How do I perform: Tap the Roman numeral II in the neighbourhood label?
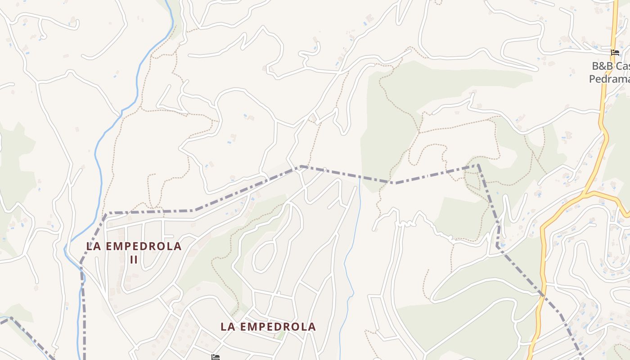tap(134, 260)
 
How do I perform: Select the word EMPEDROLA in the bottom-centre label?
tap(276, 327)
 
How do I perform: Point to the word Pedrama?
tap(609, 79)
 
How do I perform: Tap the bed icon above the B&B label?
tap(615, 53)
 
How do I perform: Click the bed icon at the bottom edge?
tap(216, 357)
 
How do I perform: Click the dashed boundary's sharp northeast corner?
tap(478, 165)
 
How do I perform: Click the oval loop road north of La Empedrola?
tap(265, 256)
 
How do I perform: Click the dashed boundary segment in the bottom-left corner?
tap(27, 336)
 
